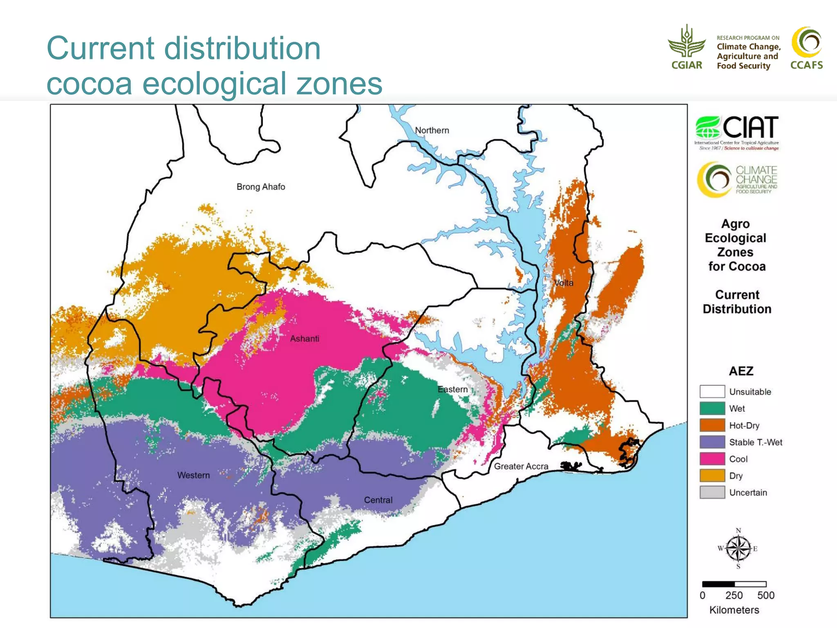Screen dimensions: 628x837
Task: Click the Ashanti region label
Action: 304,339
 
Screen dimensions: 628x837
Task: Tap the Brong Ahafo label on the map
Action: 261,187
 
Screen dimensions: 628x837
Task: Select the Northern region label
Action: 432,130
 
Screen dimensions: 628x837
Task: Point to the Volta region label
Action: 564,283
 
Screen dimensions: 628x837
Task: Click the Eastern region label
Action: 452,389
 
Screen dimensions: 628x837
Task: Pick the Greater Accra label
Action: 521,467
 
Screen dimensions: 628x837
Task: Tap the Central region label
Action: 378,500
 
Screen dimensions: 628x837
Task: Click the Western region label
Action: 193,475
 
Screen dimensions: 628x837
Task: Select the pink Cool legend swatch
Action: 712,459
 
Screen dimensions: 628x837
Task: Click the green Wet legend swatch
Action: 712,408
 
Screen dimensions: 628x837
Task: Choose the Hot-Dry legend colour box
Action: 712,425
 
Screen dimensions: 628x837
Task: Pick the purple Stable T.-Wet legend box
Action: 712,442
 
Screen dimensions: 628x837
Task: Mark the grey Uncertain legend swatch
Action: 712,492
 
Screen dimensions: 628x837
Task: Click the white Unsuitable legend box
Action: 712,392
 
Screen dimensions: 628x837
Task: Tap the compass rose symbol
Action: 738,549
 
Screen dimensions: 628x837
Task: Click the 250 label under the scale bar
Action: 734,595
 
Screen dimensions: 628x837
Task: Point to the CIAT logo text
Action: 750,128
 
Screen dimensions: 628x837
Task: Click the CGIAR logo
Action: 687,47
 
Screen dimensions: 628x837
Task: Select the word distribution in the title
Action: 242,48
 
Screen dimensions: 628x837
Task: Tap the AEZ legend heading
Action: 741,371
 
